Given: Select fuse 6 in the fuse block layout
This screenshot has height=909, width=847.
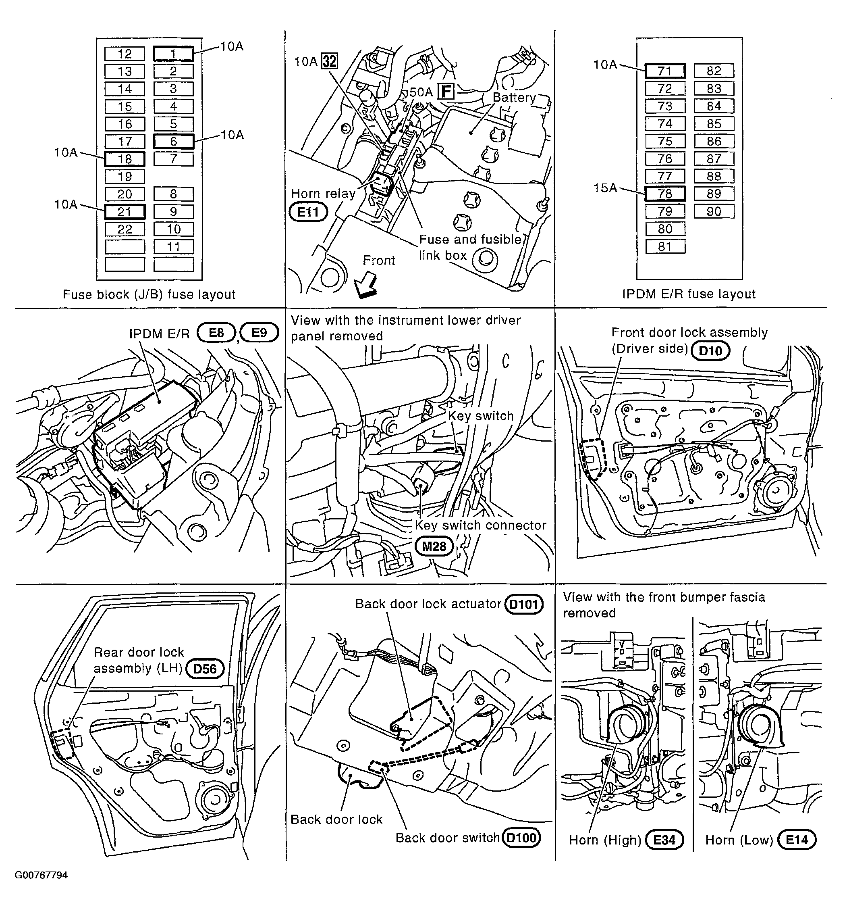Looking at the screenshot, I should [173, 141].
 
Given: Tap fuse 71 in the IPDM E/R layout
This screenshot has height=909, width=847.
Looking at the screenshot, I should [665, 71].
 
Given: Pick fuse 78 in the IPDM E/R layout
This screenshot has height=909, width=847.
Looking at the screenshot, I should [665, 194].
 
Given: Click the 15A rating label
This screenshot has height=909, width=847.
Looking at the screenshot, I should [605, 188].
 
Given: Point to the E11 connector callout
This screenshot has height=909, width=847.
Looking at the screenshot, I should [308, 212].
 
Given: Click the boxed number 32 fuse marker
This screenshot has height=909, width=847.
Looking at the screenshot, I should [329, 61].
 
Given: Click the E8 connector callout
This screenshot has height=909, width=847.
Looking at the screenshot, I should [216, 332].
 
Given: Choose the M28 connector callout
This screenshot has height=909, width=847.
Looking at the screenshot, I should [434, 546].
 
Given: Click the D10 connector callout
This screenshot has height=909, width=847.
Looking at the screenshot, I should [710, 351].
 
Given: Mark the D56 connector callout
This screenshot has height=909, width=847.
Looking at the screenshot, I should [205, 669].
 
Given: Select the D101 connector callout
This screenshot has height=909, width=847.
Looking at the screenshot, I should [523, 605].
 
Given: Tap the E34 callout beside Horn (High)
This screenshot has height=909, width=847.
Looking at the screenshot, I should [664, 840].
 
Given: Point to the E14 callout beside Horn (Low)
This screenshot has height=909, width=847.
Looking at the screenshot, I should [797, 840].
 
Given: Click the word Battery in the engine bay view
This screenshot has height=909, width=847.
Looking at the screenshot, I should [514, 98].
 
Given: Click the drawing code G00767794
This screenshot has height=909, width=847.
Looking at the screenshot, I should [41, 875].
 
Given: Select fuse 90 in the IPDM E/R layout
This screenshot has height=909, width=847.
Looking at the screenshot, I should [714, 211].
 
